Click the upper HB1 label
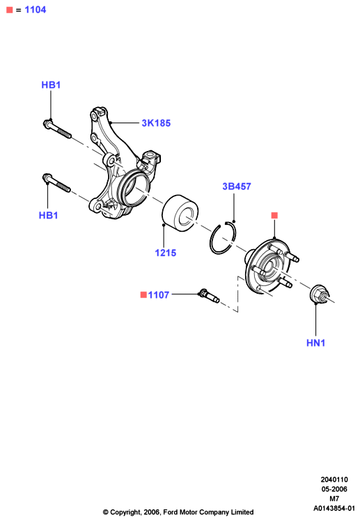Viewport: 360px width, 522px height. (x=51, y=85)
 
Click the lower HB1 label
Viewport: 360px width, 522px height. (x=48, y=215)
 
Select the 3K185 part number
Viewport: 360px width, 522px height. (x=156, y=123)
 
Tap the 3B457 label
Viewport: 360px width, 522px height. (x=237, y=187)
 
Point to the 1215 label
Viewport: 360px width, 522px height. (x=166, y=253)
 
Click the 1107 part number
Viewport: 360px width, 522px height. (x=159, y=295)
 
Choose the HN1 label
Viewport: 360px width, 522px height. (x=315, y=343)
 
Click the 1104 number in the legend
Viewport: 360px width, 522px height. (x=36, y=10)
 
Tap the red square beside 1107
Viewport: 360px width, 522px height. (x=143, y=294)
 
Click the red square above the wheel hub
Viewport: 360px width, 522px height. (x=274, y=215)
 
